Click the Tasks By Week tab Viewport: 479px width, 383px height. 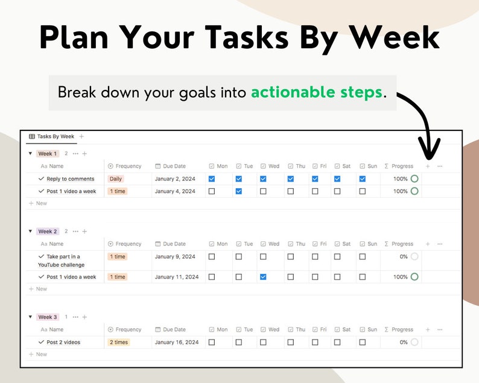click(x=52, y=136)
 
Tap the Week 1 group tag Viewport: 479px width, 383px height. click(x=47, y=154)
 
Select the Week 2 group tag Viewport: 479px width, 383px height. click(x=47, y=232)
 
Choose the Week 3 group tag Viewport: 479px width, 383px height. click(x=47, y=317)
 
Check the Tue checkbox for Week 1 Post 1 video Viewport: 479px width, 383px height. click(x=239, y=191)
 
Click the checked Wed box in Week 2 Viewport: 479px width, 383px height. click(x=263, y=277)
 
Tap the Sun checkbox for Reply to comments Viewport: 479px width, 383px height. click(x=363, y=179)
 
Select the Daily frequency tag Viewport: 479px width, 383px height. click(x=116, y=179)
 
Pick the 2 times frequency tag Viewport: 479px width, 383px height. click(x=119, y=342)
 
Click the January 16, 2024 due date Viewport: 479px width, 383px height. click(x=177, y=342)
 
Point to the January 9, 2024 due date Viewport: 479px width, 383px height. click(x=175, y=256)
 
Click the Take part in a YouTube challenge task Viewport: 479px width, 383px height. click(x=61, y=261)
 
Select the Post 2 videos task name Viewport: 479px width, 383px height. click(x=63, y=342)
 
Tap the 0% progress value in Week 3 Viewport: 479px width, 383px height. click(x=404, y=342)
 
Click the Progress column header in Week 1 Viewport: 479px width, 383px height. click(x=399, y=166)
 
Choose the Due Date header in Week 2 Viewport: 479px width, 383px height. click(x=171, y=244)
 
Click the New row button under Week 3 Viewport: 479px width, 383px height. click(x=38, y=354)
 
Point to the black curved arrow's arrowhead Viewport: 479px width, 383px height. click(x=429, y=150)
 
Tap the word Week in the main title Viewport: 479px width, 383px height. click(x=394, y=37)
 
